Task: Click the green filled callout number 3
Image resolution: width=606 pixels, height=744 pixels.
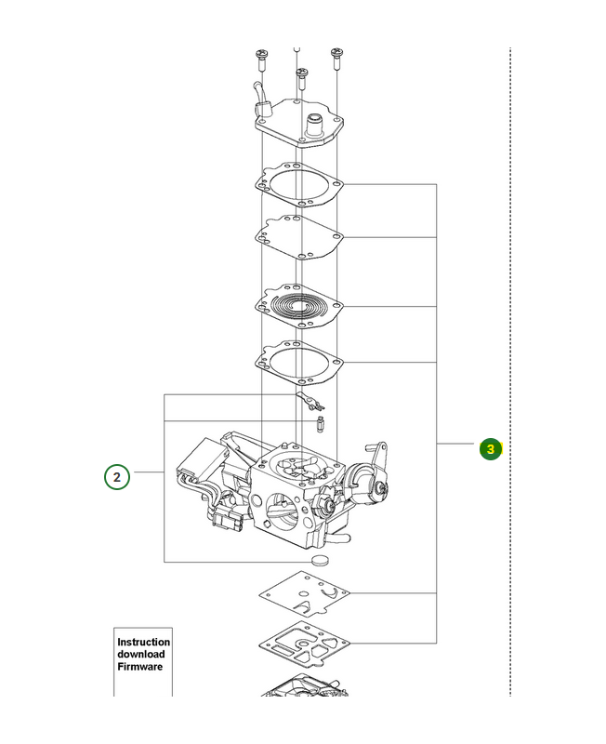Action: [491, 449]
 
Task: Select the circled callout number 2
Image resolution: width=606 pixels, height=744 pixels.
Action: [117, 477]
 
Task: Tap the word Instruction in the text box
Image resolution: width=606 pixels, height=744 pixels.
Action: [144, 642]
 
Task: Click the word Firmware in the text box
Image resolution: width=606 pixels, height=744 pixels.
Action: [140, 667]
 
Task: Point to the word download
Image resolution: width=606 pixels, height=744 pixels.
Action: [141, 655]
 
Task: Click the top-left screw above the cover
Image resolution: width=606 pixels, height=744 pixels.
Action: [261, 60]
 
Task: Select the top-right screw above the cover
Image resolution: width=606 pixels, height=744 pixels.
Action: [336, 59]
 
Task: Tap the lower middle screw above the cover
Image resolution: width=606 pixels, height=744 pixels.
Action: [301, 79]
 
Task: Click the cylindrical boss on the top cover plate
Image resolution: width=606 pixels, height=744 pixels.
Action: [315, 125]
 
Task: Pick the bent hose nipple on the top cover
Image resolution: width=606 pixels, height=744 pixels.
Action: [261, 101]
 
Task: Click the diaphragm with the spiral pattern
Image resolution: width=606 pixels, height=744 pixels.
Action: [299, 306]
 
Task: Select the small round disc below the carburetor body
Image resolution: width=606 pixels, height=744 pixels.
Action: [320, 560]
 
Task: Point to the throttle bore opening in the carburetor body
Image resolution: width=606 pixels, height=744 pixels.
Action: [283, 512]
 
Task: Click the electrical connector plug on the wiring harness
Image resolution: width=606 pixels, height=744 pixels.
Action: [228, 521]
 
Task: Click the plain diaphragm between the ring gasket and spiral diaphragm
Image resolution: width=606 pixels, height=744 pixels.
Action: [299, 237]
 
